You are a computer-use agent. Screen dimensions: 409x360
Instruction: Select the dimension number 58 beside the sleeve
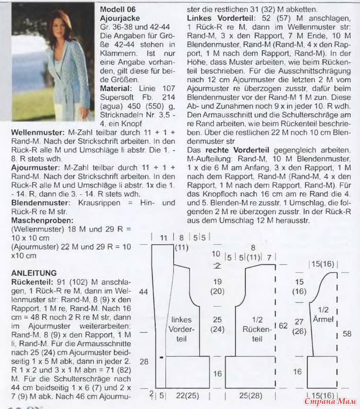pos(347,334)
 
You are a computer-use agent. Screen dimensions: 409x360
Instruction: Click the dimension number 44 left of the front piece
pos(144,292)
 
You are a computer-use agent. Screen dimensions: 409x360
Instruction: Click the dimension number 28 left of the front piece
pos(144,362)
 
